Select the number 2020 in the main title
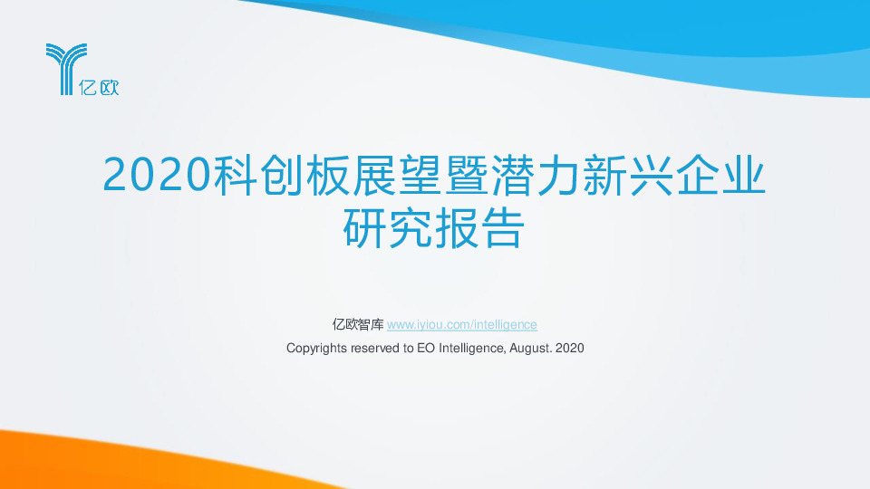point(157,175)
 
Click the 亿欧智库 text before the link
point(358,324)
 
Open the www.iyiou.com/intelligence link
point(462,324)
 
